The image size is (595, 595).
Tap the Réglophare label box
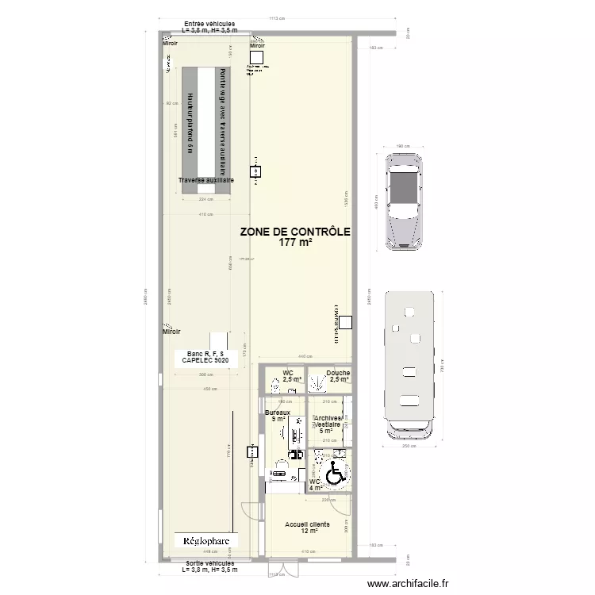206,541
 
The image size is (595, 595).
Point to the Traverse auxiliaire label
205,180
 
